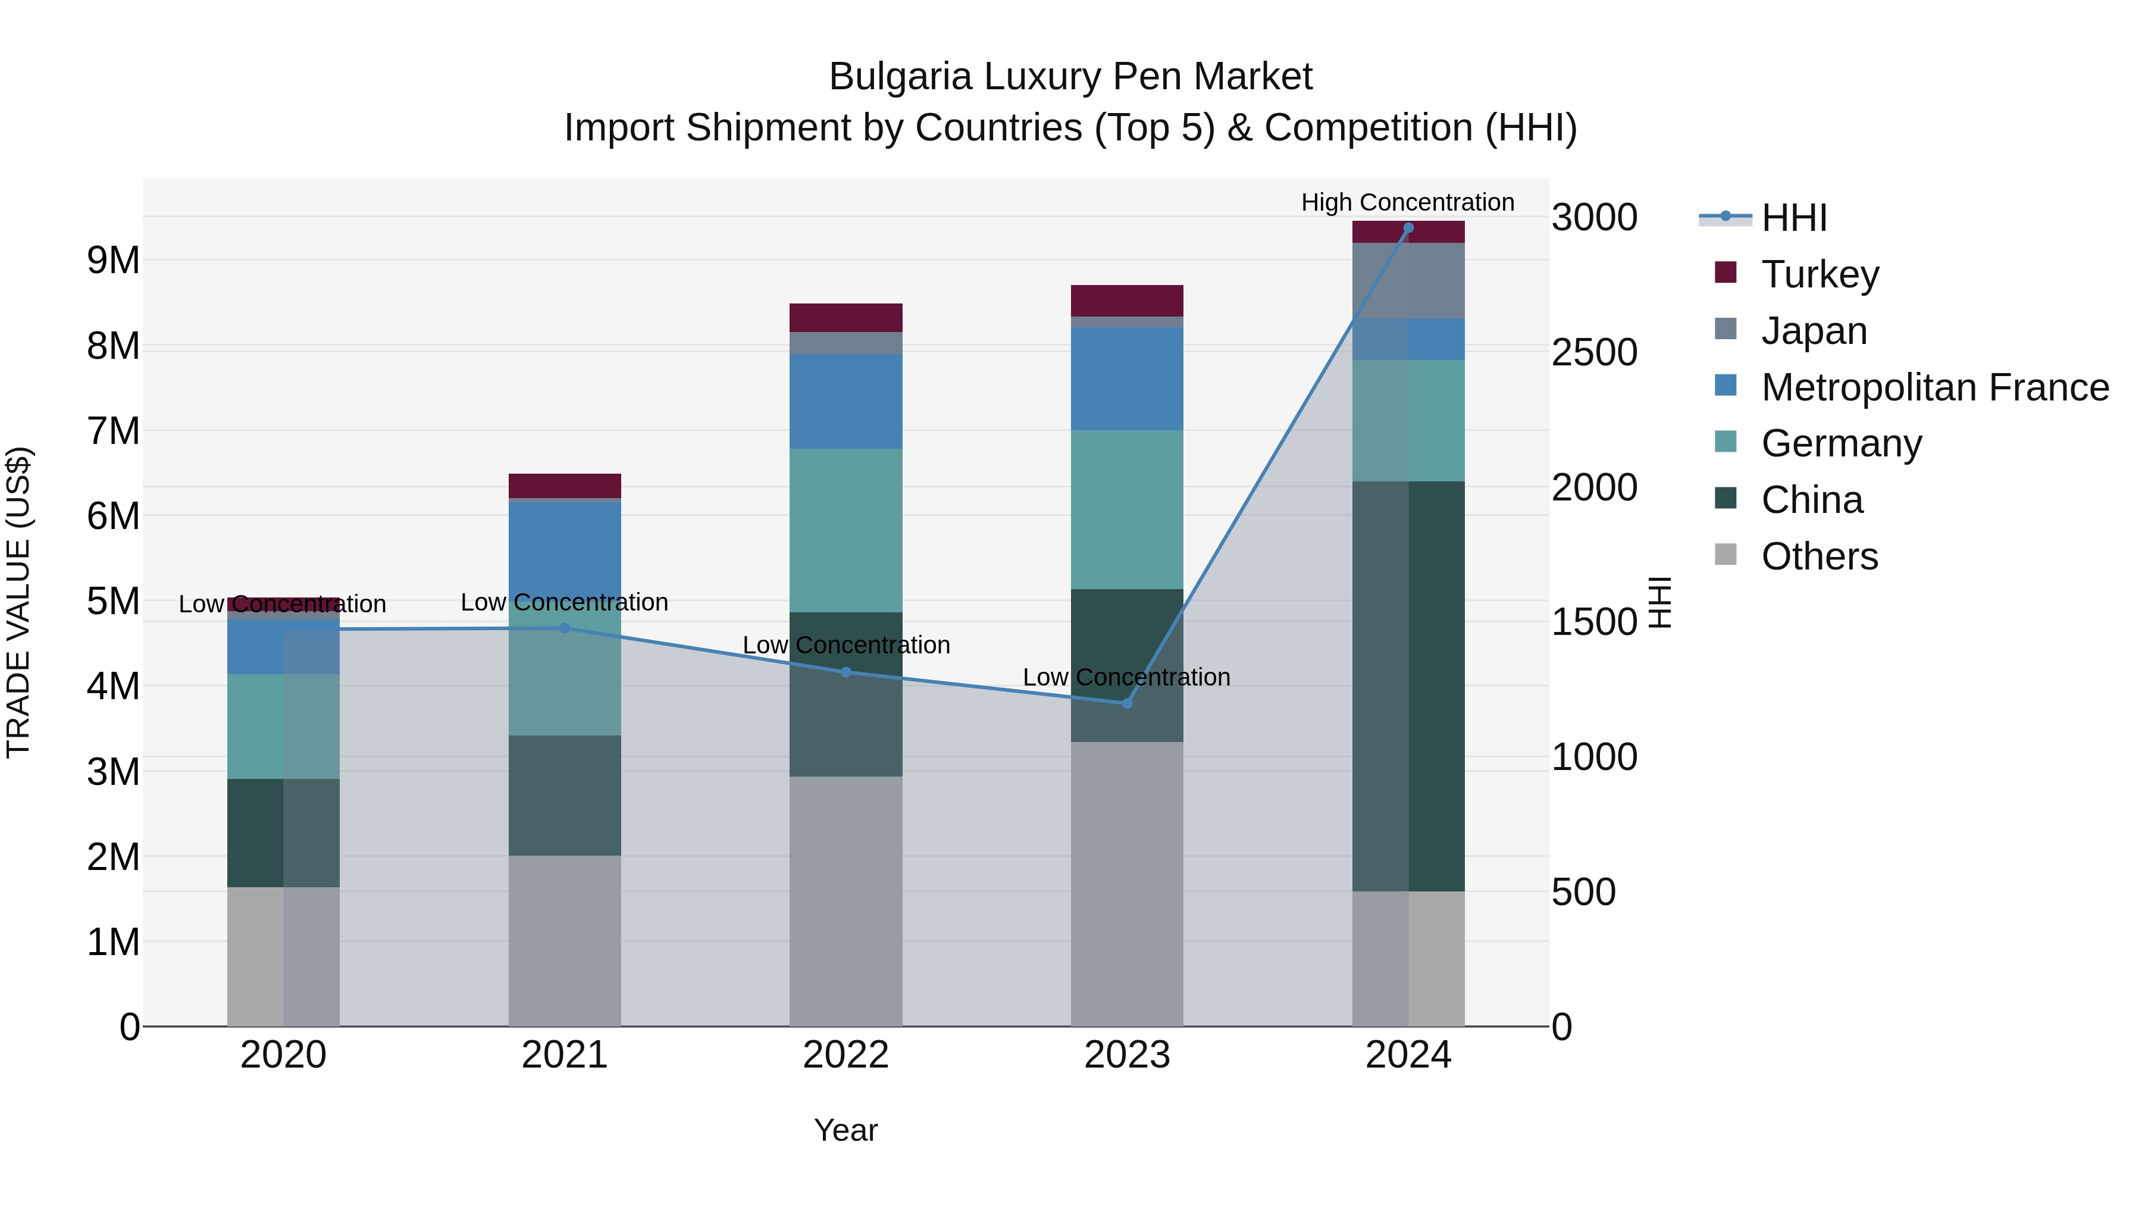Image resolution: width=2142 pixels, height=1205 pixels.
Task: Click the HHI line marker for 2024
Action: [x=1408, y=227]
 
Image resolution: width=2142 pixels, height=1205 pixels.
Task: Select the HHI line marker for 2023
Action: [x=1127, y=703]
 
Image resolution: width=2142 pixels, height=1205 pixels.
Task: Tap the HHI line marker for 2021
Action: [x=565, y=628]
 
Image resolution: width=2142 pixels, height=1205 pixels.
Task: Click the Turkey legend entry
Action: [x=1820, y=274]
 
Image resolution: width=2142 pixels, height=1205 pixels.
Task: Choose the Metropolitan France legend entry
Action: [x=1934, y=387]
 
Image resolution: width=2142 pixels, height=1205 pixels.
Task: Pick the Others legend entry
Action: [x=1820, y=556]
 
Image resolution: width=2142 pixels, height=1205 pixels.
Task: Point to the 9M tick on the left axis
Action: [x=113, y=260]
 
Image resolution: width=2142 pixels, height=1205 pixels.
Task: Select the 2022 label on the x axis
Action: [x=845, y=1055]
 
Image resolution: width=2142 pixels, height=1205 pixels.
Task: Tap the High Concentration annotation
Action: [x=1407, y=202]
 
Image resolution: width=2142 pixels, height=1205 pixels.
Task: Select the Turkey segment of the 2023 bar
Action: [x=1127, y=301]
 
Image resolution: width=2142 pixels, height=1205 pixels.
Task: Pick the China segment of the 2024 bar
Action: [x=1408, y=686]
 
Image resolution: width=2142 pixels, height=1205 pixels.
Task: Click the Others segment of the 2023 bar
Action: [x=1127, y=883]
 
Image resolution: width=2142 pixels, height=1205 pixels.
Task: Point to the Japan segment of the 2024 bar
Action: [x=1408, y=280]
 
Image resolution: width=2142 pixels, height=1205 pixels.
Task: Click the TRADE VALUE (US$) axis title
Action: [x=18, y=602]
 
